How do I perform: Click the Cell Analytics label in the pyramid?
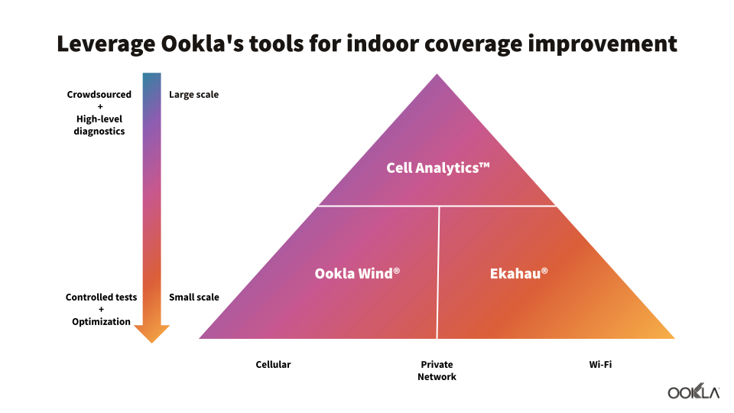[437, 167]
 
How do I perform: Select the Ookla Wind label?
[357, 274]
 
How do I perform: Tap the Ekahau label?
[518, 274]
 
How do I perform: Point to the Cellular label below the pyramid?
[273, 364]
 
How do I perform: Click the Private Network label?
[437, 370]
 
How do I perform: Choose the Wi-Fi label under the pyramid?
[600, 364]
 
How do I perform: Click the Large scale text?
[193, 95]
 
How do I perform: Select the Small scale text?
[193, 297]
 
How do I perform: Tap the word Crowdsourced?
[99, 95]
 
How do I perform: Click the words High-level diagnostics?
[99, 125]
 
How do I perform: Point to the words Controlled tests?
[101, 297]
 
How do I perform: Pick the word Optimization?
[101, 322]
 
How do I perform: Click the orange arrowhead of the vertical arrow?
[151, 333]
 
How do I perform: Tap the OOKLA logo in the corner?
[693, 391]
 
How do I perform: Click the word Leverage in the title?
[106, 44]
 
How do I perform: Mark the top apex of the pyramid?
[437, 74]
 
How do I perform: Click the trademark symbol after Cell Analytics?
[485, 165]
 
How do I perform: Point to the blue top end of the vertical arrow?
[151, 74]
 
